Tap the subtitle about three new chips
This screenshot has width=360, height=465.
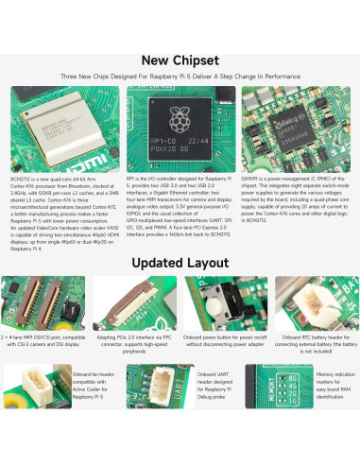180,77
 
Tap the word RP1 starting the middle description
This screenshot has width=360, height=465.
131,178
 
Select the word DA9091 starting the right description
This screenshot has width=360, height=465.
254,178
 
